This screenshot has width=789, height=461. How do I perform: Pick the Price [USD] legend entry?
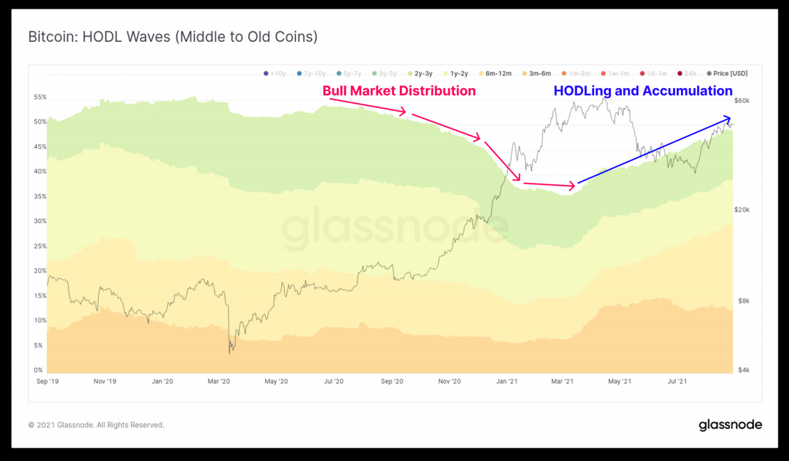click(x=727, y=73)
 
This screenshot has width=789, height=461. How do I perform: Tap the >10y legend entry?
click(x=275, y=73)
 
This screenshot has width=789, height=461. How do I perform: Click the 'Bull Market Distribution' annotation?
click(x=399, y=91)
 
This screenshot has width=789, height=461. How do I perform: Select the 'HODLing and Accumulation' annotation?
click(x=643, y=91)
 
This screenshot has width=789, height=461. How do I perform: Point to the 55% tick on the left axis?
click(x=40, y=97)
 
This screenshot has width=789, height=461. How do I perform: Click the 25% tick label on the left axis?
click(x=40, y=246)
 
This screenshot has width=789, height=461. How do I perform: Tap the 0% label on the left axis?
click(x=38, y=370)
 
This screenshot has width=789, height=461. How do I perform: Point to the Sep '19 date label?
click(x=47, y=381)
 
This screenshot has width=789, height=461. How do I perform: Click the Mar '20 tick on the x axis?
click(x=219, y=381)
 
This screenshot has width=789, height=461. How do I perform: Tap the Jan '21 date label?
click(x=507, y=381)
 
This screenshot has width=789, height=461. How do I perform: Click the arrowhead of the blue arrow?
click(x=728, y=118)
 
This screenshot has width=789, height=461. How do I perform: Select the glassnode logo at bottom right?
click(x=730, y=425)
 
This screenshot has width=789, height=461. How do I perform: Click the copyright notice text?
click(x=96, y=425)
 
